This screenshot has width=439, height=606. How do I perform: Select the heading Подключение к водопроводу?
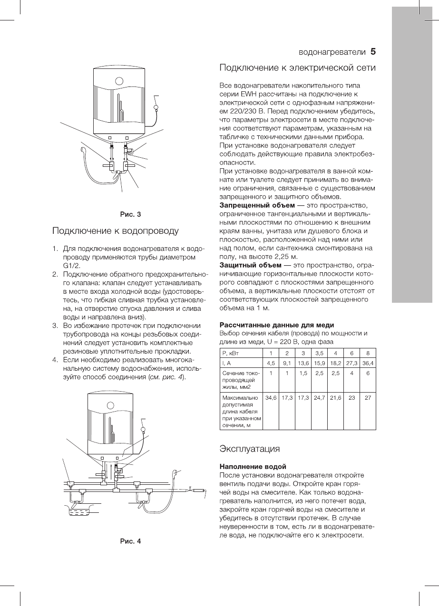[115, 231]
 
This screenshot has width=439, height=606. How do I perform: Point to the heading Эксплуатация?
[249, 449]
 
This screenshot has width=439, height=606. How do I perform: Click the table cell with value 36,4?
[368, 363]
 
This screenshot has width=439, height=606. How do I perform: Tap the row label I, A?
[226, 363]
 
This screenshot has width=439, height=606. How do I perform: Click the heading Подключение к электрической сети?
[297, 68]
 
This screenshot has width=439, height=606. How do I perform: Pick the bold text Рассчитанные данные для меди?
[273, 325]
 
